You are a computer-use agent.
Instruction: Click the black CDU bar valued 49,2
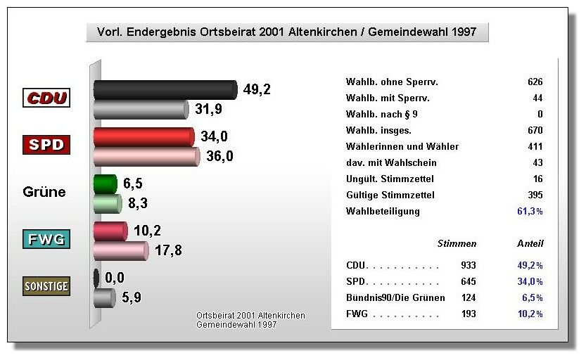click(x=165, y=89)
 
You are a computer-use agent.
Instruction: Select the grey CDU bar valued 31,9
click(x=141, y=109)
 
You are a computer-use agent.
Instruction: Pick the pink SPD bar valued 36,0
click(x=147, y=155)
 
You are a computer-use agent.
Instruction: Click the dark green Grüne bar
click(x=106, y=184)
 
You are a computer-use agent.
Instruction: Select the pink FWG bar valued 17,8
click(x=120, y=250)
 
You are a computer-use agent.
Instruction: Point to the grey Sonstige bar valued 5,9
click(x=105, y=297)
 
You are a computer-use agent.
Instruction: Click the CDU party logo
click(x=47, y=98)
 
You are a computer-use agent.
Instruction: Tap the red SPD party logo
click(x=47, y=146)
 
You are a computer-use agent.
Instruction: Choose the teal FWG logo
click(x=47, y=239)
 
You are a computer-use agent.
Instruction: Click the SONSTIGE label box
click(x=47, y=286)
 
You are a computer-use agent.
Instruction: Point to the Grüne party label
click(x=44, y=192)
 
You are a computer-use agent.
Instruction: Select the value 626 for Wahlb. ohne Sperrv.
click(x=535, y=82)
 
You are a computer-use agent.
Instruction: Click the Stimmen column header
click(x=457, y=244)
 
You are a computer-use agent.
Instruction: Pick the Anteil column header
click(x=530, y=244)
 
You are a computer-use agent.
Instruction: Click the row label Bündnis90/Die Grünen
click(x=396, y=298)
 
